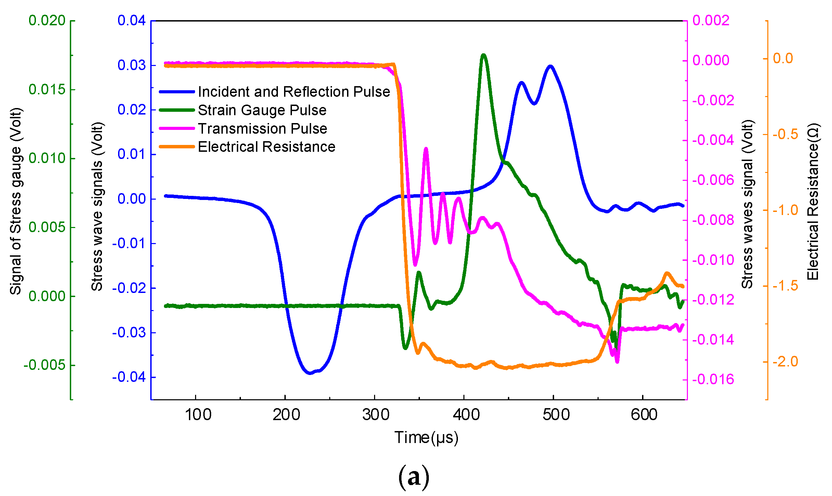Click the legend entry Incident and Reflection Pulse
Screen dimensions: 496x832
294,92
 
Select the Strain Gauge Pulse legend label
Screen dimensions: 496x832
262,110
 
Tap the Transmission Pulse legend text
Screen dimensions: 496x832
263,129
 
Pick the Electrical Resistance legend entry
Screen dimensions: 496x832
266,147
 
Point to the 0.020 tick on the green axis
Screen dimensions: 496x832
47,21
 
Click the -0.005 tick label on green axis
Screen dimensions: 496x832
44,365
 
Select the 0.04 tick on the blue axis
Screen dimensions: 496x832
132,21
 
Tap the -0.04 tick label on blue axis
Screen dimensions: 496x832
129,377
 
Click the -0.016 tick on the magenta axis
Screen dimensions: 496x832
713,379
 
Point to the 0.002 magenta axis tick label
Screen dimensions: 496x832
711,21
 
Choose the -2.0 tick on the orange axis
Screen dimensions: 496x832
785,361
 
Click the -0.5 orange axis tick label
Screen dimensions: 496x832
785,134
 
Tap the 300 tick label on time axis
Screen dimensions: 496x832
376,415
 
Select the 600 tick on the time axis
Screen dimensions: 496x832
644,415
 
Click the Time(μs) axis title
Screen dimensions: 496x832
426,438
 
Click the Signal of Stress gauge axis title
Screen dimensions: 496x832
16,202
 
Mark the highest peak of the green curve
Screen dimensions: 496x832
483,55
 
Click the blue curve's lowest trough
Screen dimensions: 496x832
310,373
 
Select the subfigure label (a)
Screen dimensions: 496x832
413,477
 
